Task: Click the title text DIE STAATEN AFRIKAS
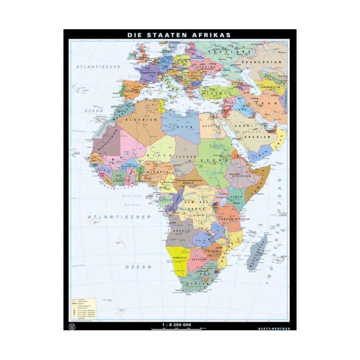(x=179, y=34)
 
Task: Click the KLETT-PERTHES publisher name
(x=276, y=328)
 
